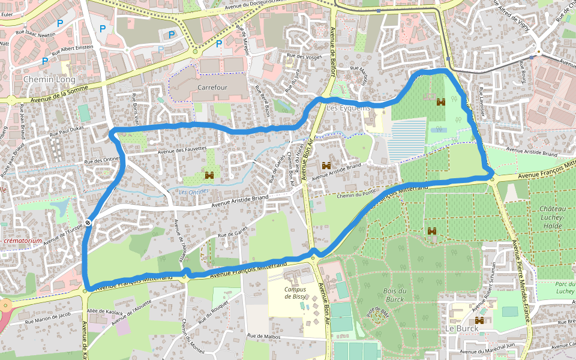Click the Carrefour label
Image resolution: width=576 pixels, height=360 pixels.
(x=213, y=87)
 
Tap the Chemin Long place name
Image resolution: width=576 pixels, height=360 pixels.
(x=49, y=79)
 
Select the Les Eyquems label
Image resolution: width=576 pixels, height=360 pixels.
(x=349, y=107)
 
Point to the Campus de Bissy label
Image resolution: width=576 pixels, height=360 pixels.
(x=295, y=293)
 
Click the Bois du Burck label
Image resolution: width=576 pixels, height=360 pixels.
(x=394, y=295)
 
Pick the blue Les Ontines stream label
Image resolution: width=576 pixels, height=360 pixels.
(x=194, y=191)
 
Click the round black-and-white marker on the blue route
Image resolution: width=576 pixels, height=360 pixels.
(x=88, y=223)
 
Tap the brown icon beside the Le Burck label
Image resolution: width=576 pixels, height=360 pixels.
(x=479, y=320)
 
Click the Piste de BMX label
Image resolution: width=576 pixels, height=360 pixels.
(x=378, y=314)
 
